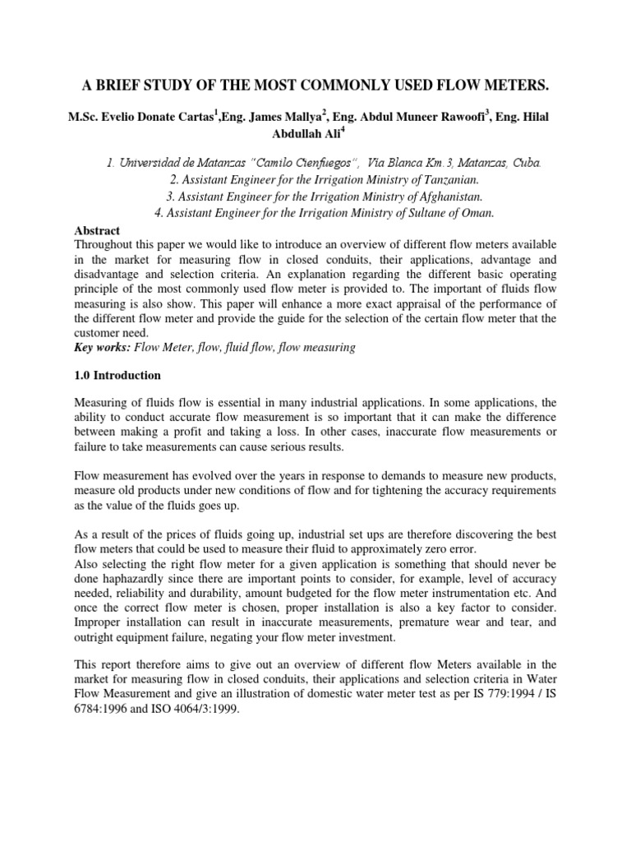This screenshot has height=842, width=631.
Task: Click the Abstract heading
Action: click(x=97, y=231)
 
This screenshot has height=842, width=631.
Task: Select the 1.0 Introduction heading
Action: click(x=117, y=375)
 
